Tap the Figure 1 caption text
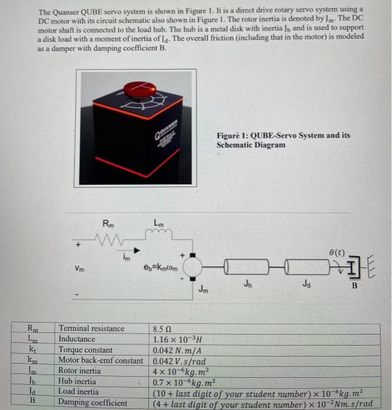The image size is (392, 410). coord(283,139)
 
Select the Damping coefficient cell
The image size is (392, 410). coord(92,402)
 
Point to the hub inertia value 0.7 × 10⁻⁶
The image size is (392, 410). coord(182,381)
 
